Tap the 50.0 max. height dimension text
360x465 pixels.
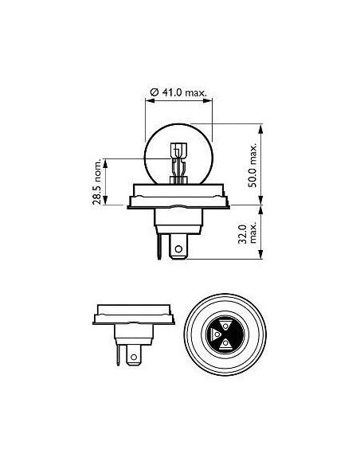(x=252, y=166)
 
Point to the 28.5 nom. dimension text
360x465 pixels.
(x=96, y=182)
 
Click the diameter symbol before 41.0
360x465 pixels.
(x=155, y=92)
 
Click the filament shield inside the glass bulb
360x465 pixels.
(x=178, y=150)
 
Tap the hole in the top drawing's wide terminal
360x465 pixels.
(x=178, y=248)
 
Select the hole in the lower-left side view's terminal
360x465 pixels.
(x=134, y=357)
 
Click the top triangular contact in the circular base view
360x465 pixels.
(x=225, y=326)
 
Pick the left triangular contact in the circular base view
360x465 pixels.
(x=216, y=334)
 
